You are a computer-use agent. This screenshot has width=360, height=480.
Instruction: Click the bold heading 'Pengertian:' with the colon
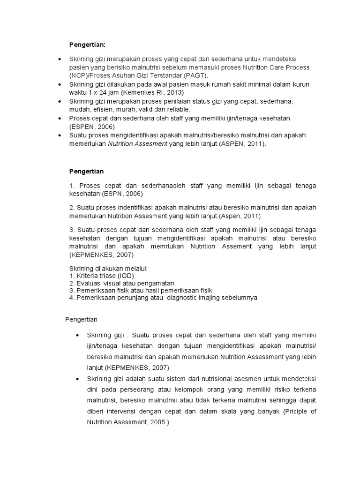point(88,45)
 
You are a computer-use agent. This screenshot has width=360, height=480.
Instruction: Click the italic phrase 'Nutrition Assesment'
point(137,144)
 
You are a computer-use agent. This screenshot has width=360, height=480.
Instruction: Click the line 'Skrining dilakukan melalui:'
point(108,269)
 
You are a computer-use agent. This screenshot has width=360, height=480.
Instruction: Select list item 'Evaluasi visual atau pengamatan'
point(121,283)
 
